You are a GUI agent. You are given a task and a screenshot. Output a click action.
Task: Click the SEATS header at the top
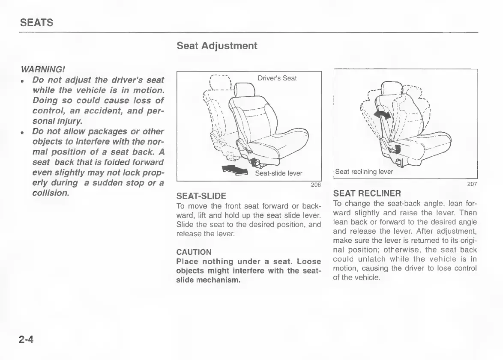point(36,23)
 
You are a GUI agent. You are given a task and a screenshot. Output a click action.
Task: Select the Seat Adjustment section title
point(217,46)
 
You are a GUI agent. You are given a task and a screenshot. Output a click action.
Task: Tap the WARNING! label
point(43,68)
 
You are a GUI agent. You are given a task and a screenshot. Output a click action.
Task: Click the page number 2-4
point(26,340)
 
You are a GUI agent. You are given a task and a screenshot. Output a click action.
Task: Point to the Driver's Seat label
point(277,78)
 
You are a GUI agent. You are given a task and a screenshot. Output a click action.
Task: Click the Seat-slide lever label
point(278,173)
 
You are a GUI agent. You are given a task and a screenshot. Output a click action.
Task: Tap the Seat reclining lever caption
point(364,172)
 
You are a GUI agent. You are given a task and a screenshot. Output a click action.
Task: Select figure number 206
point(316,185)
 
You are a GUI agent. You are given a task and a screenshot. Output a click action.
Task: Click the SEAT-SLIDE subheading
point(201,196)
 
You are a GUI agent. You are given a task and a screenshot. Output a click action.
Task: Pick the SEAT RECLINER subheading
point(367,193)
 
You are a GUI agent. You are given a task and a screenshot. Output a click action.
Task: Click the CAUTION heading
point(194,252)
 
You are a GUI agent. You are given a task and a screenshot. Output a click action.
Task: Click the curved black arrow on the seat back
point(382,114)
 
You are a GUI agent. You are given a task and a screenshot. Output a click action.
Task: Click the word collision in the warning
point(51,193)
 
